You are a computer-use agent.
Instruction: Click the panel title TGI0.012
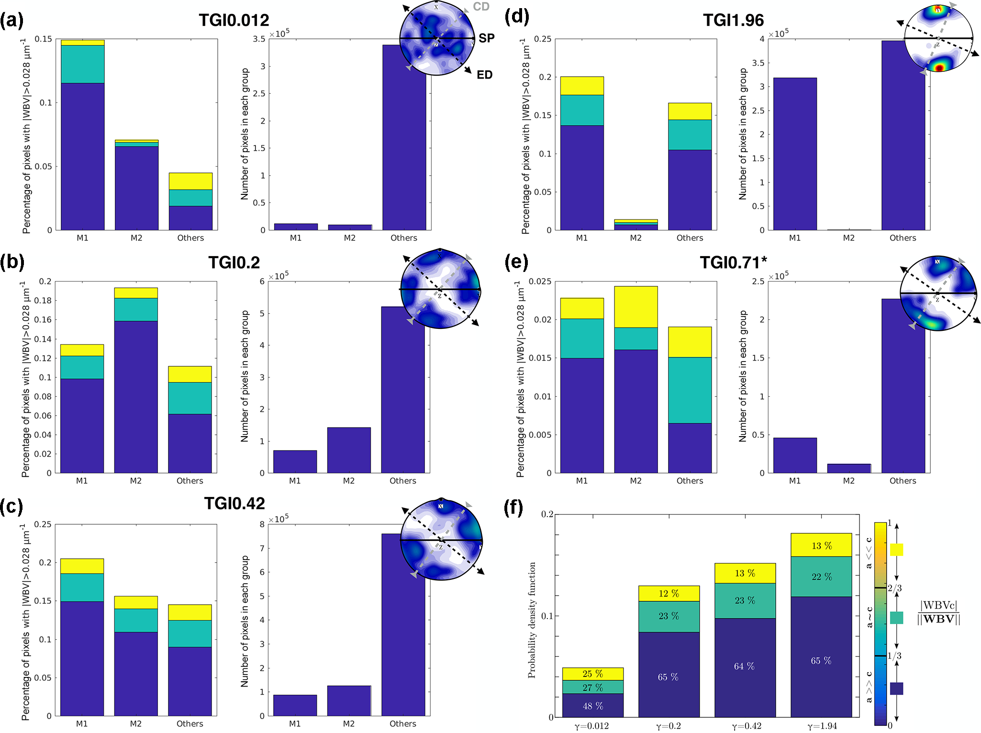234,20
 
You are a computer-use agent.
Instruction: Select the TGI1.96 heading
733,20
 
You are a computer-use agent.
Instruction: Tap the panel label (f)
514,507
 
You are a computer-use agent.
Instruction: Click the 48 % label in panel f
592,706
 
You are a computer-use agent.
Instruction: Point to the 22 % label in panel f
821,577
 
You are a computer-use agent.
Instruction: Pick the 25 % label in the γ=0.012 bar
592,674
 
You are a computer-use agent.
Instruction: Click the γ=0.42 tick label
745,726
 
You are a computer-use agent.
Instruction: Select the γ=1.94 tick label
821,726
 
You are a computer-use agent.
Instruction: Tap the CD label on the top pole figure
481,7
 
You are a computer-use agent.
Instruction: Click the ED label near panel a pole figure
484,75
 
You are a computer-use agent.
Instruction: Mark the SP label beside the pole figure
486,38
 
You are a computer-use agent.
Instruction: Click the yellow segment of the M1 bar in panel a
83,43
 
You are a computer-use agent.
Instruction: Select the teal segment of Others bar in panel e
690,390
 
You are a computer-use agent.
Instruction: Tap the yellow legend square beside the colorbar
896,550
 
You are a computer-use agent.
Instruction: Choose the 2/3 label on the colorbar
894,588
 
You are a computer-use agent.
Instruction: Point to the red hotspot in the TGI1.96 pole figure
939,68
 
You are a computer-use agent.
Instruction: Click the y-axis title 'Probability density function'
532,620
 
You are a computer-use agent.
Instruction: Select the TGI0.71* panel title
733,263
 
